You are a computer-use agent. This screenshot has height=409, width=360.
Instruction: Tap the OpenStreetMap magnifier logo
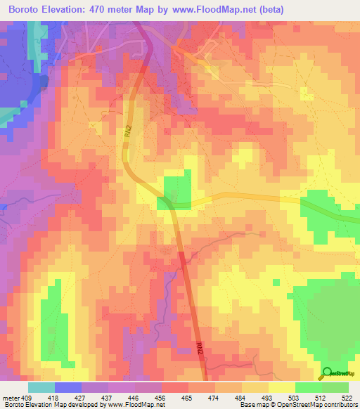pyautogui.click(x=327, y=374)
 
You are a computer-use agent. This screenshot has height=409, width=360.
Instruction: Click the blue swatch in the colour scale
pyautogui.click(x=68, y=387)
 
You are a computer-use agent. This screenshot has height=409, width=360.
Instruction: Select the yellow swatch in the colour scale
pyautogui.click(x=281, y=387)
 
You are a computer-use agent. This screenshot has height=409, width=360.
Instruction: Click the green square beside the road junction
pyautogui.click(x=177, y=190)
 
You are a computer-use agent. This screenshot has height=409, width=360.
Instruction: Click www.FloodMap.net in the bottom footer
pyautogui.click(x=134, y=405)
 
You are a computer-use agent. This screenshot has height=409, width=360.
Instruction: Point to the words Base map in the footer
pyautogui.click(x=252, y=405)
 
